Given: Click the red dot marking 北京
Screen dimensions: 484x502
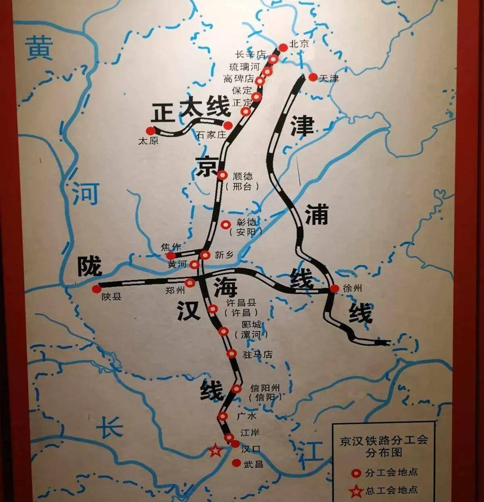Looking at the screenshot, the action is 283,47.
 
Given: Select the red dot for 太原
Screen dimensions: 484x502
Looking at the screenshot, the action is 150,130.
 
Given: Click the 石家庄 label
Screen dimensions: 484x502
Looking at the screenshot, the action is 211,135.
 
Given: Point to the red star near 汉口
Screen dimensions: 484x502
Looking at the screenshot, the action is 215,450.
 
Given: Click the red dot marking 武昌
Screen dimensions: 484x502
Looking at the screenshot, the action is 236,463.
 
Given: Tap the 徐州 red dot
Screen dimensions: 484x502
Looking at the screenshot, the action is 334,288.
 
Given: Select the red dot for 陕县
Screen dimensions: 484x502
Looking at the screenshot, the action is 96,289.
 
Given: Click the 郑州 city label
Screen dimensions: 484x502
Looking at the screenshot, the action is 175,290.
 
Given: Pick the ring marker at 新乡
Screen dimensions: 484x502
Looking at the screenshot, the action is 205,255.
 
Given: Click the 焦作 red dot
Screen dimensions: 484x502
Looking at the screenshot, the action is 171,255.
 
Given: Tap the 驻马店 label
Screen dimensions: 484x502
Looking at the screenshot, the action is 257,355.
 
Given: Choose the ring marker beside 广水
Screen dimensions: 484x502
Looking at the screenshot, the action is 222,416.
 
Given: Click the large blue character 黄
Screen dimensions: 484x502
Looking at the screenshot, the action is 40,48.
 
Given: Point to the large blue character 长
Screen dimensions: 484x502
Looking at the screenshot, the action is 109,426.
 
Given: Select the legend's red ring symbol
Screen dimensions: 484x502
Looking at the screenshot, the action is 355,472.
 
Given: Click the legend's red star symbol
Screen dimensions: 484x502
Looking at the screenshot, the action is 355,491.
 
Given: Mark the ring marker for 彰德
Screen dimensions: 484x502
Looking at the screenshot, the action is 225,224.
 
